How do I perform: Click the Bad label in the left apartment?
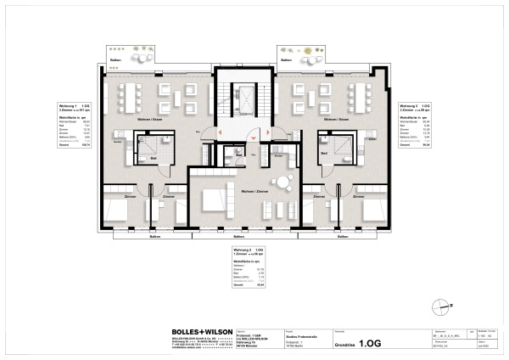pyautogui.click(x=154, y=158)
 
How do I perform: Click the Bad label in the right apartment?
pyautogui.click(x=322, y=158)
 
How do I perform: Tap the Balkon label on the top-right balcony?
pyautogui.click(x=288, y=61)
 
